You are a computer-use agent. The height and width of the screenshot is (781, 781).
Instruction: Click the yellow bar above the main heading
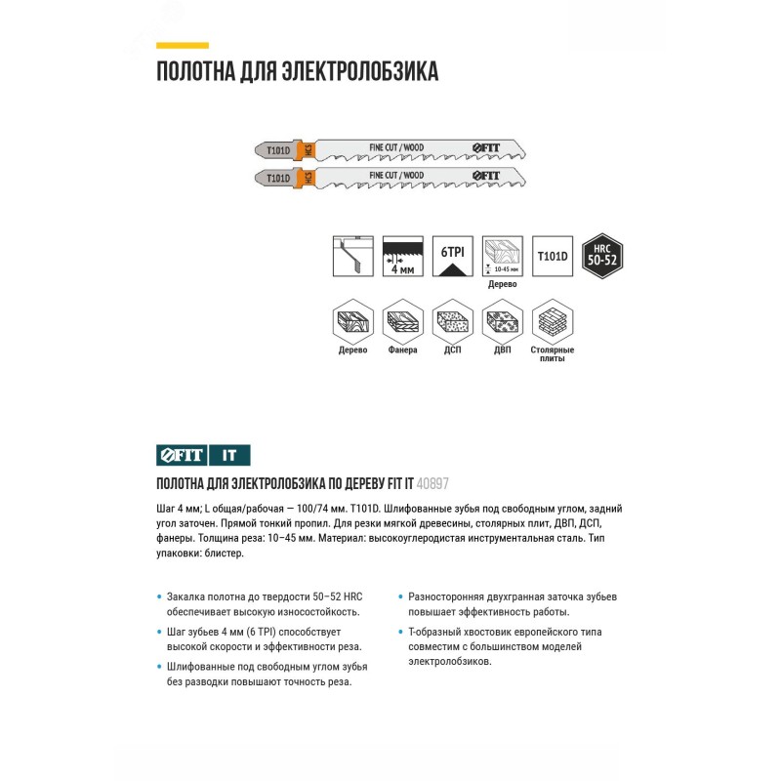click(x=183, y=45)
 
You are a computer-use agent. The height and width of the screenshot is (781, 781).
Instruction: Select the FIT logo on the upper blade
click(x=485, y=147)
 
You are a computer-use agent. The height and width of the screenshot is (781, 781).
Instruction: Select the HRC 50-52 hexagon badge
click(x=602, y=257)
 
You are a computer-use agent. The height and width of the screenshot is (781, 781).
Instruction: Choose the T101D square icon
click(x=552, y=257)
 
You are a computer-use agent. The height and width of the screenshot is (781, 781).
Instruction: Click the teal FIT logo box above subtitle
click(x=182, y=454)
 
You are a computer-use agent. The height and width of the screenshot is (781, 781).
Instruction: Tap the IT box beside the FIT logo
click(x=229, y=454)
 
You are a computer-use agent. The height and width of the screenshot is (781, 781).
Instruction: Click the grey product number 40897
click(x=432, y=482)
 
